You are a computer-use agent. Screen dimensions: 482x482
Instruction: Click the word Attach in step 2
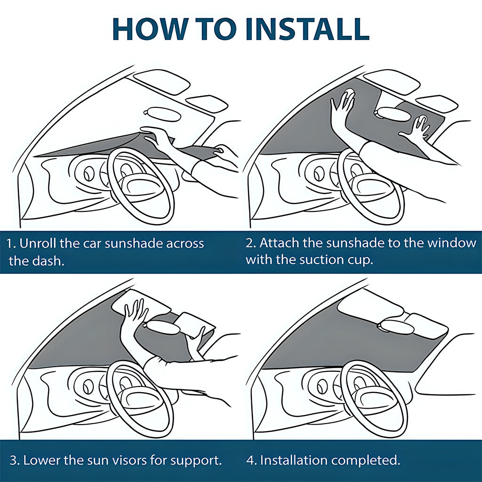tap(280, 243)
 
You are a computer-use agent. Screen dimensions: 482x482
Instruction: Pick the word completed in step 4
tap(373, 460)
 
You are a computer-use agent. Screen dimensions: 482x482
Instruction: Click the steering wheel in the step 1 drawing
tap(141, 186)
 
